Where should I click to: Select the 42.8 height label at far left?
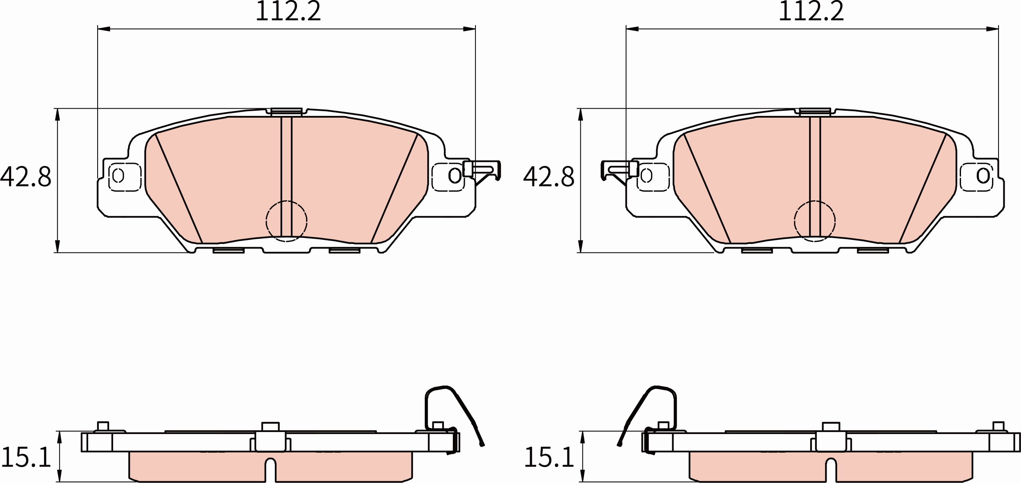26,177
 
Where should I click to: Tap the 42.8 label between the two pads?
548,177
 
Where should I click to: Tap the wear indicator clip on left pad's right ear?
482,172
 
